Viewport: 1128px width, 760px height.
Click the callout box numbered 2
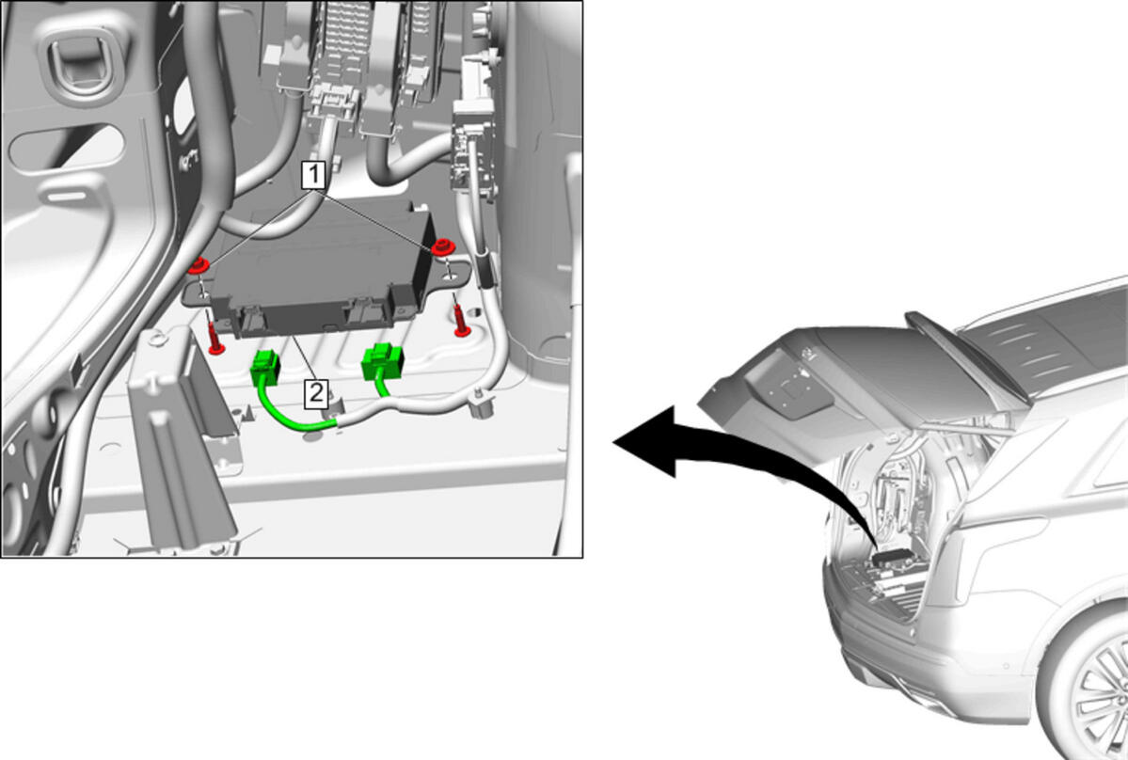pyautogui.click(x=316, y=394)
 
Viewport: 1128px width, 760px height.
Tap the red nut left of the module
pyautogui.click(x=198, y=265)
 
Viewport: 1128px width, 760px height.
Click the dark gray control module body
pyautogui.click(x=324, y=270)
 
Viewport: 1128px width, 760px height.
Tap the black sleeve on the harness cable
pyautogui.click(x=485, y=267)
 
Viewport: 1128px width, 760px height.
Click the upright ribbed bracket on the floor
pyautogui.click(x=180, y=438)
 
